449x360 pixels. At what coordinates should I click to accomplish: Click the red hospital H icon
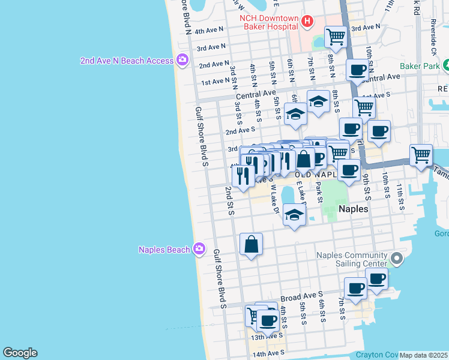coord(308,22)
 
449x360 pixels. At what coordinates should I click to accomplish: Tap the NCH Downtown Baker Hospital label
coord(269,22)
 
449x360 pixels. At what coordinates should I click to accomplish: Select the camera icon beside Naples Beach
coord(199,250)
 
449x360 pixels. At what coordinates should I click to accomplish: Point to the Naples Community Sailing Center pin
coord(396,259)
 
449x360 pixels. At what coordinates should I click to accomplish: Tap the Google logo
coord(20,353)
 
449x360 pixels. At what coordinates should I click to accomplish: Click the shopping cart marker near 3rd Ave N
coord(336,37)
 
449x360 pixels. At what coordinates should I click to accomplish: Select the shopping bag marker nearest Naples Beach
coord(251,244)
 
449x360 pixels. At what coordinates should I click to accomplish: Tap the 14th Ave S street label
coord(267,355)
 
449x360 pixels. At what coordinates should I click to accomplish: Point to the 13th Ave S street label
coord(267,337)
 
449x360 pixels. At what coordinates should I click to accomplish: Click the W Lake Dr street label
coord(276,200)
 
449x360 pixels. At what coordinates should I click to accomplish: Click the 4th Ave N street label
coord(208,30)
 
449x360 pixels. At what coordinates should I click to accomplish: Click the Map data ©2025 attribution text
coord(424,355)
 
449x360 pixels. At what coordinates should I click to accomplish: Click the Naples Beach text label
coord(164,250)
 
